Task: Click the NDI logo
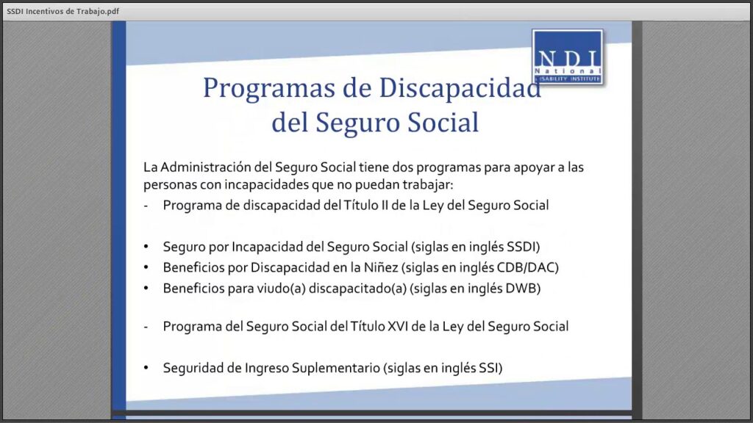point(568,57)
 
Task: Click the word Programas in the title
point(268,88)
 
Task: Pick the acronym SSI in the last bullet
point(488,368)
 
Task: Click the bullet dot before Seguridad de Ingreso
point(146,368)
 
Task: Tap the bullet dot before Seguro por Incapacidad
point(146,247)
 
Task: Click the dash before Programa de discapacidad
point(146,206)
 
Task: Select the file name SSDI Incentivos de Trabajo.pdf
point(63,11)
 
